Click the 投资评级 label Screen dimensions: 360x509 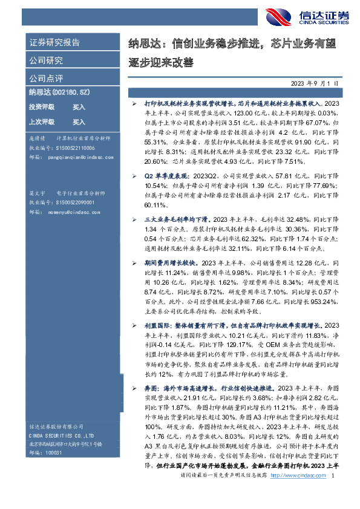(41, 106)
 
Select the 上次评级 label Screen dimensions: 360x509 (41, 122)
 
